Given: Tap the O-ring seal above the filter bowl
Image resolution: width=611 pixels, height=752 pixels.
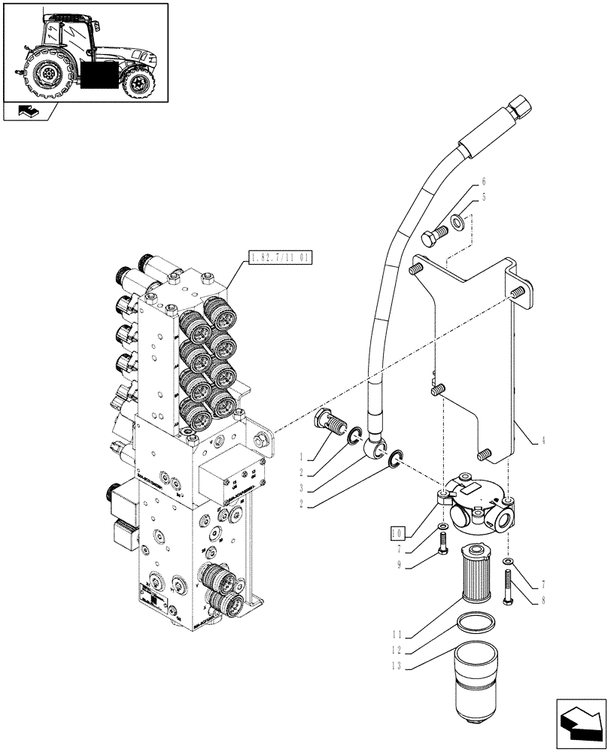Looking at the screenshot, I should (x=476, y=625).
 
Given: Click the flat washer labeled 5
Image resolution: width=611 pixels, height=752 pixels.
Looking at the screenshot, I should (x=457, y=223).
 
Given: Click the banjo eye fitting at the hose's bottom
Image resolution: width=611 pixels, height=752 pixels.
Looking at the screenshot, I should (x=372, y=450).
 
